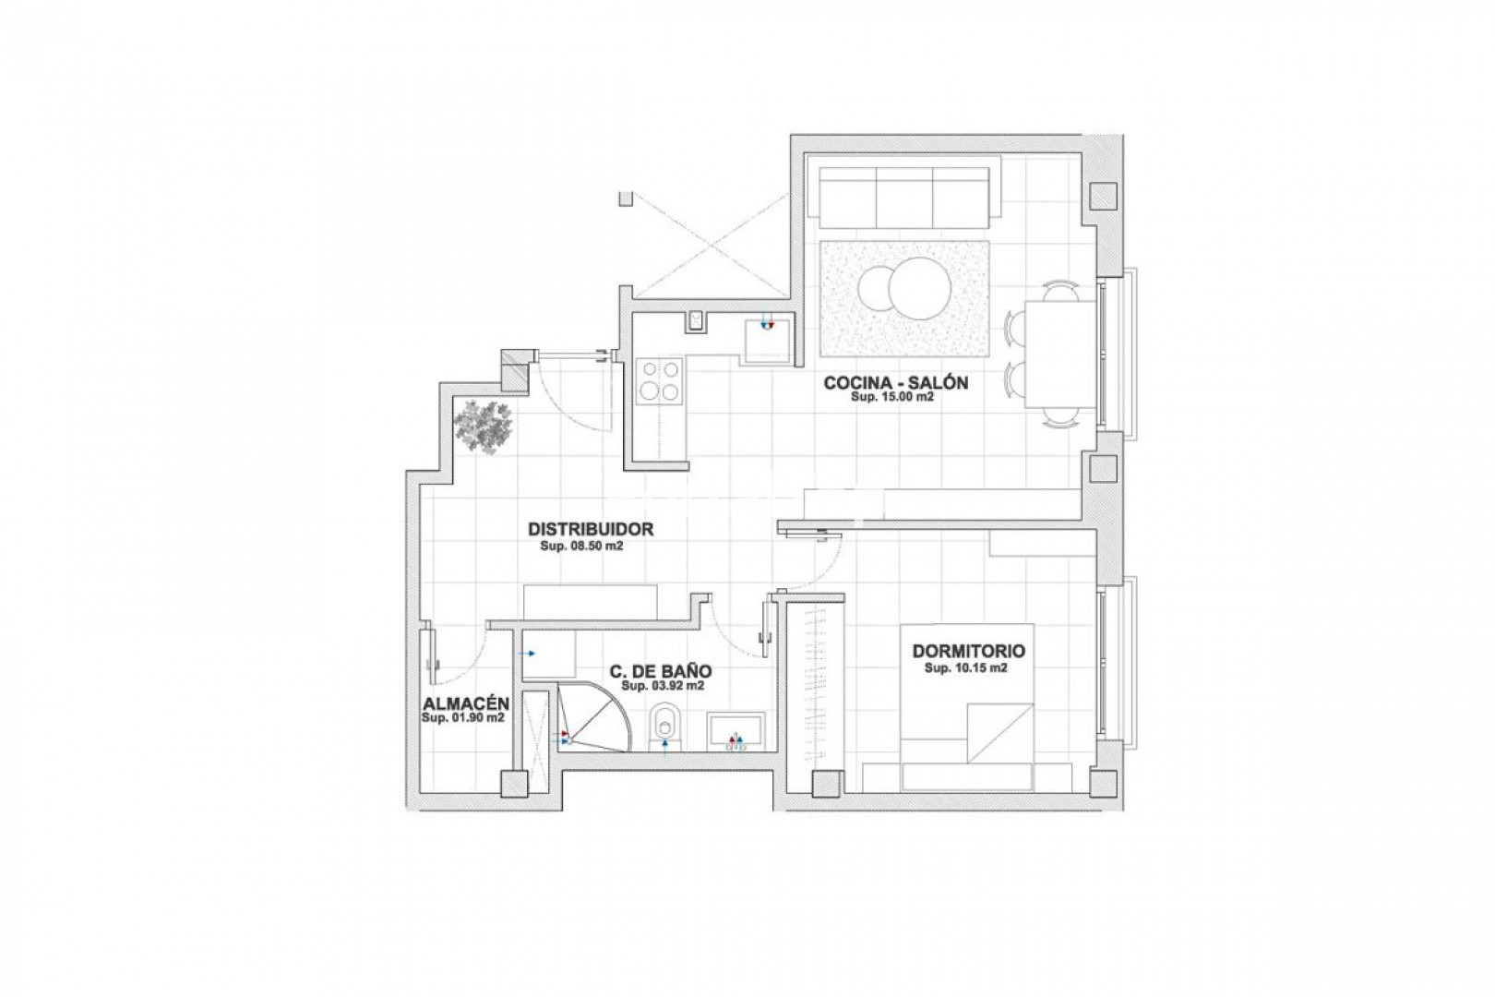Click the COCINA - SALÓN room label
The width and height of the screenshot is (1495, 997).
(896, 382)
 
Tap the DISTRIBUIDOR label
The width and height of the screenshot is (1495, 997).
(591, 530)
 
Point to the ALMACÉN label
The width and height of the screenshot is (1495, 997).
(466, 703)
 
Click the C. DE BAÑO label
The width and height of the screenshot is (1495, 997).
(661, 671)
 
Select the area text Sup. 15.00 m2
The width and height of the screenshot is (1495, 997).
(891, 397)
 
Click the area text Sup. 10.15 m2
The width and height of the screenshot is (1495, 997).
(965, 667)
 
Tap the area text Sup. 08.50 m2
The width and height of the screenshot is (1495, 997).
(581, 546)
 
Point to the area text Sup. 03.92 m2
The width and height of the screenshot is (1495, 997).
(662, 686)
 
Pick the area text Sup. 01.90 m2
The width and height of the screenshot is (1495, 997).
(462, 718)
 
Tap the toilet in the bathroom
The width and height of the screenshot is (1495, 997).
(664, 727)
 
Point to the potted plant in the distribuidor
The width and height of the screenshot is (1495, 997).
(484, 427)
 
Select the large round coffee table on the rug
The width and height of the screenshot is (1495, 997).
(920, 288)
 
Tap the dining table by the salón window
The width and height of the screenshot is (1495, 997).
(1059, 354)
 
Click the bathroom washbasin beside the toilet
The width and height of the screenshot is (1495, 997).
(736, 733)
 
